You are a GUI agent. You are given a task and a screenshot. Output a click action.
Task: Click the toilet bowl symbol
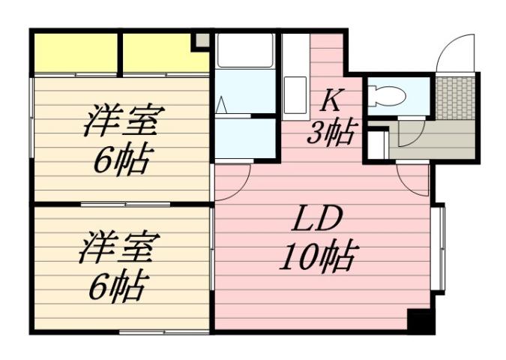[x=388, y=96]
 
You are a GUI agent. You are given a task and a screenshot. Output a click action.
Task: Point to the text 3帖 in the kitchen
[x=331, y=134]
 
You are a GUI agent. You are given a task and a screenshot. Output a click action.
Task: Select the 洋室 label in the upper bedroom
[x=124, y=120]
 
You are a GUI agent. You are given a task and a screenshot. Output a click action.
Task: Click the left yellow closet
[x=75, y=52]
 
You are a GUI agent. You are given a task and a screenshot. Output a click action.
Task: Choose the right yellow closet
[x=164, y=52]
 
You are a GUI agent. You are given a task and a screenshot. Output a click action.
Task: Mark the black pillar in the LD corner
[x=420, y=320]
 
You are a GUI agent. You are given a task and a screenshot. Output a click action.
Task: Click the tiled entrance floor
[x=455, y=96]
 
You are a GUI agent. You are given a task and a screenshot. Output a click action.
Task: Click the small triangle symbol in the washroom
[x=222, y=105]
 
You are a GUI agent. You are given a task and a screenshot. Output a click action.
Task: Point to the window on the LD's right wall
[x=438, y=247]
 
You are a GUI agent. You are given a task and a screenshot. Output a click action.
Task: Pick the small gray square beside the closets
[x=202, y=40]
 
